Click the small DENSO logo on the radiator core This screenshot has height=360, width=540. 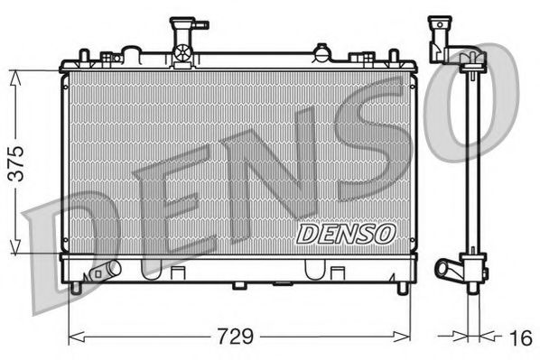click(x=347, y=233)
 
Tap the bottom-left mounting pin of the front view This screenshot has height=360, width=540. click(x=76, y=288)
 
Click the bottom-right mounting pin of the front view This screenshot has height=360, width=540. click(x=402, y=288)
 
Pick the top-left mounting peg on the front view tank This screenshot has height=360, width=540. click(x=83, y=56)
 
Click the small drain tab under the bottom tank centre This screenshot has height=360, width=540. click(x=238, y=286)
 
